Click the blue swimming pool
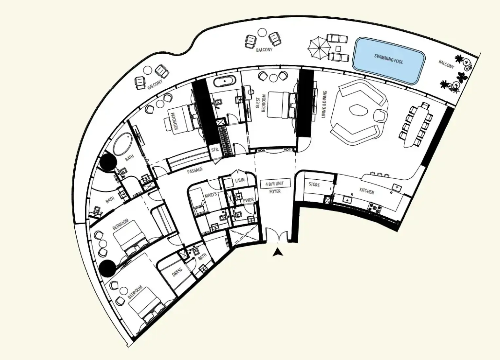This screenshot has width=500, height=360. click(389, 61)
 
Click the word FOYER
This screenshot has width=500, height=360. click(275, 191)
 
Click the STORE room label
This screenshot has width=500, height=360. click(314, 185)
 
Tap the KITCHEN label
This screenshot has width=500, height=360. click(367, 191)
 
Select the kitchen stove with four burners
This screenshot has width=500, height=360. click(375, 208)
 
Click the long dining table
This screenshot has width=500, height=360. click(416, 126)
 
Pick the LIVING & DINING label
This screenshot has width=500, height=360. click(324, 104)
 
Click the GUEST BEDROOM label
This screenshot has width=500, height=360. click(261, 104)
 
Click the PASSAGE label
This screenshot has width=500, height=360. click(195, 171)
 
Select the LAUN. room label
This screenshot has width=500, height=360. click(240, 180)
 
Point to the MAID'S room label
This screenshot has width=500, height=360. click(211, 195)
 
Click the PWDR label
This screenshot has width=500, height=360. click(248, 200)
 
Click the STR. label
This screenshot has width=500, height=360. click(215, 150)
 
